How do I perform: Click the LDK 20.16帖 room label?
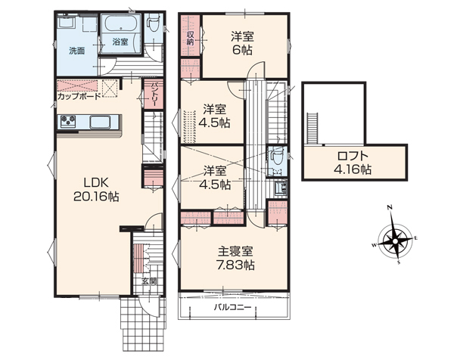(x=96, y=190)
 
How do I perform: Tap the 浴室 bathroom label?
(x=120, y=42)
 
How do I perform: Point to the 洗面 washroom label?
(x=76, y=51)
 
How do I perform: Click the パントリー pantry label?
(x=154, y=95)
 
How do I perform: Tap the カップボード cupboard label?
(x=79, y=96)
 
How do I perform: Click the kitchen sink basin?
(x=100, y=122)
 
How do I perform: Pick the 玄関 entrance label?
(x=149, y=281)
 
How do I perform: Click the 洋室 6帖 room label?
(x=242, y=43)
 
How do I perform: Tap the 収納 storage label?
(x=190, y=39)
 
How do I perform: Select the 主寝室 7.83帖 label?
(x=235, y=258)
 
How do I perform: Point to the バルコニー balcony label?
(x=232, y=307)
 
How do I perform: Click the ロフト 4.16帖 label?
(x=353, y=163)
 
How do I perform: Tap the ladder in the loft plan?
(x=312, y=129)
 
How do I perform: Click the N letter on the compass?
(x=390, y=207)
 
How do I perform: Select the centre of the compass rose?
(x=395, y=241)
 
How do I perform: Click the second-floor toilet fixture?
(x=274, y=157)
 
